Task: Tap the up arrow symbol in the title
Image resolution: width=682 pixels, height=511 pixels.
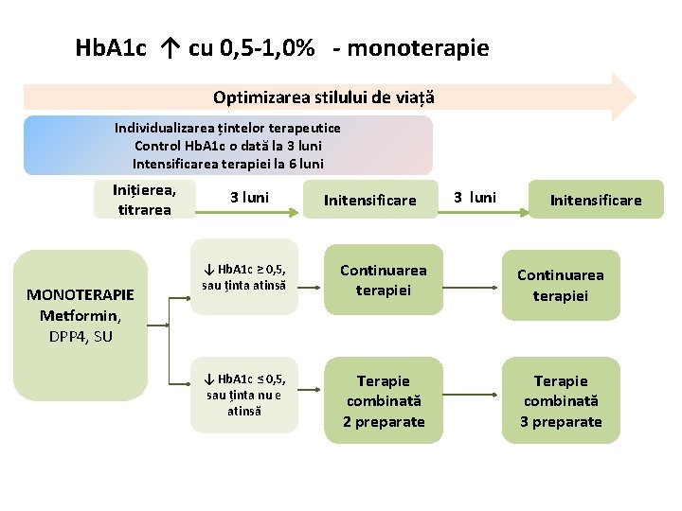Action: point(171,48)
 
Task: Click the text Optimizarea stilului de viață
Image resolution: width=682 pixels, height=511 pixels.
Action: point(323,97)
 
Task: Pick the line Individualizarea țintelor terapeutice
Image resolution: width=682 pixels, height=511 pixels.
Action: point(227,128)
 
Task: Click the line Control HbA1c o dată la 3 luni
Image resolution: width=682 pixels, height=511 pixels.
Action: point(227,146)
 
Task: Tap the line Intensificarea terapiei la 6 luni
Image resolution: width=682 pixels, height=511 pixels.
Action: point(227,164)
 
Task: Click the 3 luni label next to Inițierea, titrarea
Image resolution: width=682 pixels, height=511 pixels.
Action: point(249,198)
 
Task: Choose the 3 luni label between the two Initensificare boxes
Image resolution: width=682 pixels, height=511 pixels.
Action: point(475,198)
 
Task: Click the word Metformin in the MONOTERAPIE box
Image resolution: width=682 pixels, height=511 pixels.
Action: point(81,315)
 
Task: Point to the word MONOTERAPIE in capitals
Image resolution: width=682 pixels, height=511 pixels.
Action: point(81,294)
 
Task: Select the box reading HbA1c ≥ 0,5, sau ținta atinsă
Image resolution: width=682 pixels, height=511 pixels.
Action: point(244,277)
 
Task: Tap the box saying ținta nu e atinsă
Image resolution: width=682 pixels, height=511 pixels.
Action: point(244,396)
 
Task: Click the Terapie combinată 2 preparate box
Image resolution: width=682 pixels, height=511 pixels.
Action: point(384,401)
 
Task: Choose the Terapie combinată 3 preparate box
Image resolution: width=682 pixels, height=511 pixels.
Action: point(561,401)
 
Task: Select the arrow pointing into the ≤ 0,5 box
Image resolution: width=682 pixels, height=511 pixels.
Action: point(180,373)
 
